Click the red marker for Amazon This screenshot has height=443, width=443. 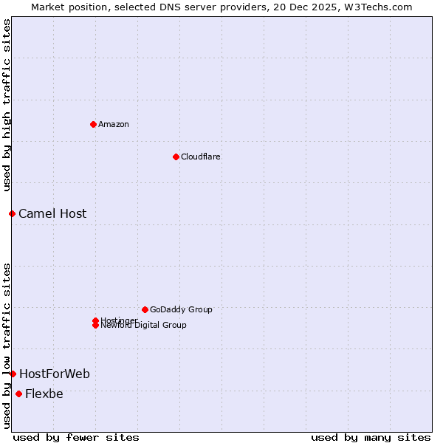(x=93, y=124)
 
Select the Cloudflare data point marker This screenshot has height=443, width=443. (x=176, y=157)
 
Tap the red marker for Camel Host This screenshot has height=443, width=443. (x=13, y=213)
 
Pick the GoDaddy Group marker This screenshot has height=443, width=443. (x=145, y=309)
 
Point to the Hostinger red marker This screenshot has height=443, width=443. (x=95, y=320)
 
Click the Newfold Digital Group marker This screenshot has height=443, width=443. (x=95, y=326)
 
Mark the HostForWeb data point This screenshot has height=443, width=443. (x=13, y=374)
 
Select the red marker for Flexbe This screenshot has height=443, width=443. (x=18, y=394)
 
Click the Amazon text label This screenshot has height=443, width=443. (x=114, y=124)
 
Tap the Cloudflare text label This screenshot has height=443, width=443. (x=201, y=157)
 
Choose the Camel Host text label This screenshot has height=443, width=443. (x=52, y=214)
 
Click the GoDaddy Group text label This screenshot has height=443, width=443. (x=181, y=309)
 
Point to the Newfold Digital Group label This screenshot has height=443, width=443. (x=144, y=326)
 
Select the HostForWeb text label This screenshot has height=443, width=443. (x=55, y=374)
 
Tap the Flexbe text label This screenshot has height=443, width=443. (x=44, y=394)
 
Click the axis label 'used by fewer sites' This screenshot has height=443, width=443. (x=76, y=437)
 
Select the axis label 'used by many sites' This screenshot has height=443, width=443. (x=371, y=437)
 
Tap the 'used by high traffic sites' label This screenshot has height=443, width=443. (x=7, y=104)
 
